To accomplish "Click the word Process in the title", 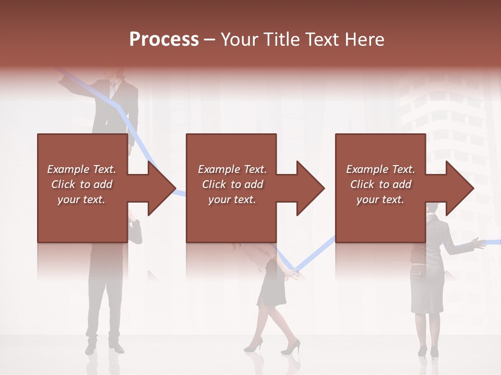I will click(164, 40).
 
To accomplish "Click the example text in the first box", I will click(82, 184).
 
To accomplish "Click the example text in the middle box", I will click(232, 184).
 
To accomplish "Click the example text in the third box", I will click(380, 184).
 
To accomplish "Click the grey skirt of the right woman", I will click(426, 289).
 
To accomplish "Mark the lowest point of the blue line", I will click(294, 271).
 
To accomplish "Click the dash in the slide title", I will click(210, 40).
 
